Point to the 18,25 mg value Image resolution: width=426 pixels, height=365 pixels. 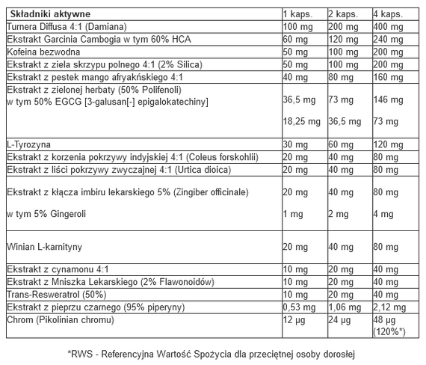point(302,120)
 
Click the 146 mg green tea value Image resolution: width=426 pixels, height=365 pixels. point(386,98)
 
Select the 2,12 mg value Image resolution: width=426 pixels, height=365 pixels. point(389,307)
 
